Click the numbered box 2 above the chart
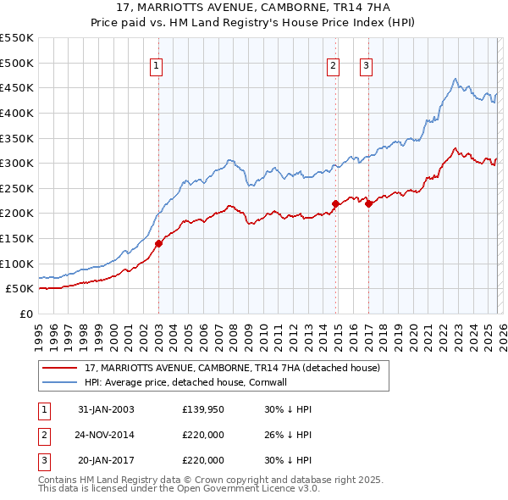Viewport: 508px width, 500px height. point(334,65)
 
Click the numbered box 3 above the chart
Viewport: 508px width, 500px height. point(367,65)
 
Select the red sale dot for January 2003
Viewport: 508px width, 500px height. point(158,243)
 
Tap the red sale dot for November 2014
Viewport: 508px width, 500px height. point(335,203)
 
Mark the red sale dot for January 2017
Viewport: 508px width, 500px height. point(368,203)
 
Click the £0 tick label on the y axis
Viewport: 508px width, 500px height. point(25,314)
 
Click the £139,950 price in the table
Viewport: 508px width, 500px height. point(203,409)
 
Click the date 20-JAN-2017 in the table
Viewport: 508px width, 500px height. point(106,460)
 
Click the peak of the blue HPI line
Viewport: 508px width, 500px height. point(456,78)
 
